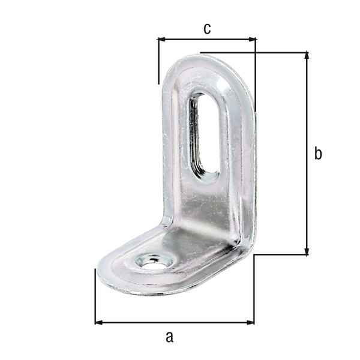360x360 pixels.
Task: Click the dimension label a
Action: (169, 337)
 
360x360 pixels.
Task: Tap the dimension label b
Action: (319, 154)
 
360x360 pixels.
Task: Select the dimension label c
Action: (206, 28)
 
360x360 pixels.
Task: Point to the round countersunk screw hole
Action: (151, 260)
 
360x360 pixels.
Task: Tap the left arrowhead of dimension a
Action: (99, 322)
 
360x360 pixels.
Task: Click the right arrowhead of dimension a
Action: (250, 322)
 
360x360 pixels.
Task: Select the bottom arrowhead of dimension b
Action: (307, 251)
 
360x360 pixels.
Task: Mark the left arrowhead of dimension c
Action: (161, 40)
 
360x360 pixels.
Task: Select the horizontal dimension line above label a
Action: (174, 322)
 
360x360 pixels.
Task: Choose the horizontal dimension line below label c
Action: (206, 40)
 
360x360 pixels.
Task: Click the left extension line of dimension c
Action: (158, 60)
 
